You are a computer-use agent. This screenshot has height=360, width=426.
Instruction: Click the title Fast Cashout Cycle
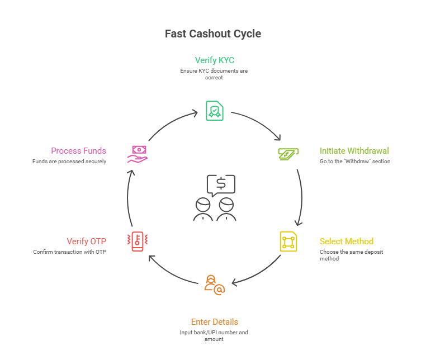[x=212, y=34]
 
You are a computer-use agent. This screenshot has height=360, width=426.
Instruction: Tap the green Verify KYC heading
[x=214, y=60]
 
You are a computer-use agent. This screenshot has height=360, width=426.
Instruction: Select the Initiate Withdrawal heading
[x=354, y=151]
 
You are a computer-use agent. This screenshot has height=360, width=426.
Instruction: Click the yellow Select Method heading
[x=346, y=241]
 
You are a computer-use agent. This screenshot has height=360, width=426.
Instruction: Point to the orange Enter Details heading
[x=214, y=322]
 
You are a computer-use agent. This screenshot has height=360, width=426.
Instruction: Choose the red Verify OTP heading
[x=86, y=241]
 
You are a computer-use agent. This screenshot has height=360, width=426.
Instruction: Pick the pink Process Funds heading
[x=78, y=151]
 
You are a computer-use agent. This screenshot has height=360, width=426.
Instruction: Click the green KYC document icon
[x=214, y=110]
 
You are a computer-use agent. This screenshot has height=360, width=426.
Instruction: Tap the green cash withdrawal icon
[x=288, y=153]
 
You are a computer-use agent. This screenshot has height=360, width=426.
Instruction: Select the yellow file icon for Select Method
[x=288, y=241]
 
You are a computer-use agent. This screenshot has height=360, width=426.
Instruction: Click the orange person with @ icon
[x=214, y=285]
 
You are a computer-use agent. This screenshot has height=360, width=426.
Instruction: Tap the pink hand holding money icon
[x=138, y=154]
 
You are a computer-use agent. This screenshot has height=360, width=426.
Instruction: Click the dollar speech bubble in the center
[x=221, y=183]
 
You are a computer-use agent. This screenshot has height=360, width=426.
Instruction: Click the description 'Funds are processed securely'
[x=69, y=162]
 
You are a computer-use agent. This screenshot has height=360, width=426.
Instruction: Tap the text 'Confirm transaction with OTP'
[x=69, y=252]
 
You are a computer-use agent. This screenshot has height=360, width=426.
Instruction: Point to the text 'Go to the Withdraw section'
[x=354, y=162]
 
